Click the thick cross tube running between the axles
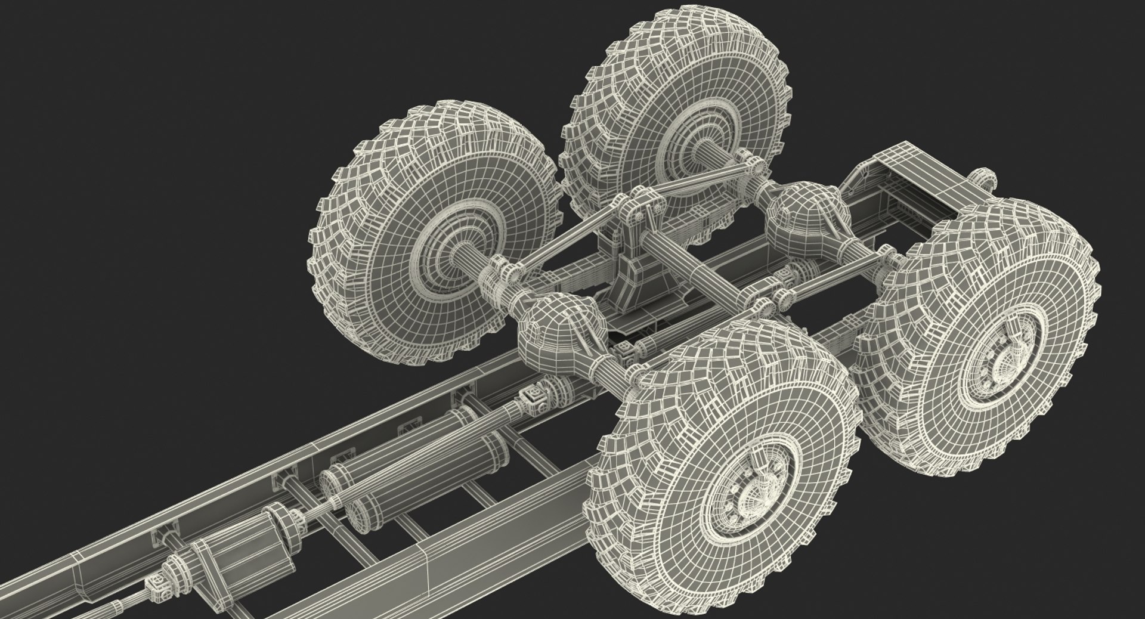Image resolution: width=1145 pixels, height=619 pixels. (x=698, y=268)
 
